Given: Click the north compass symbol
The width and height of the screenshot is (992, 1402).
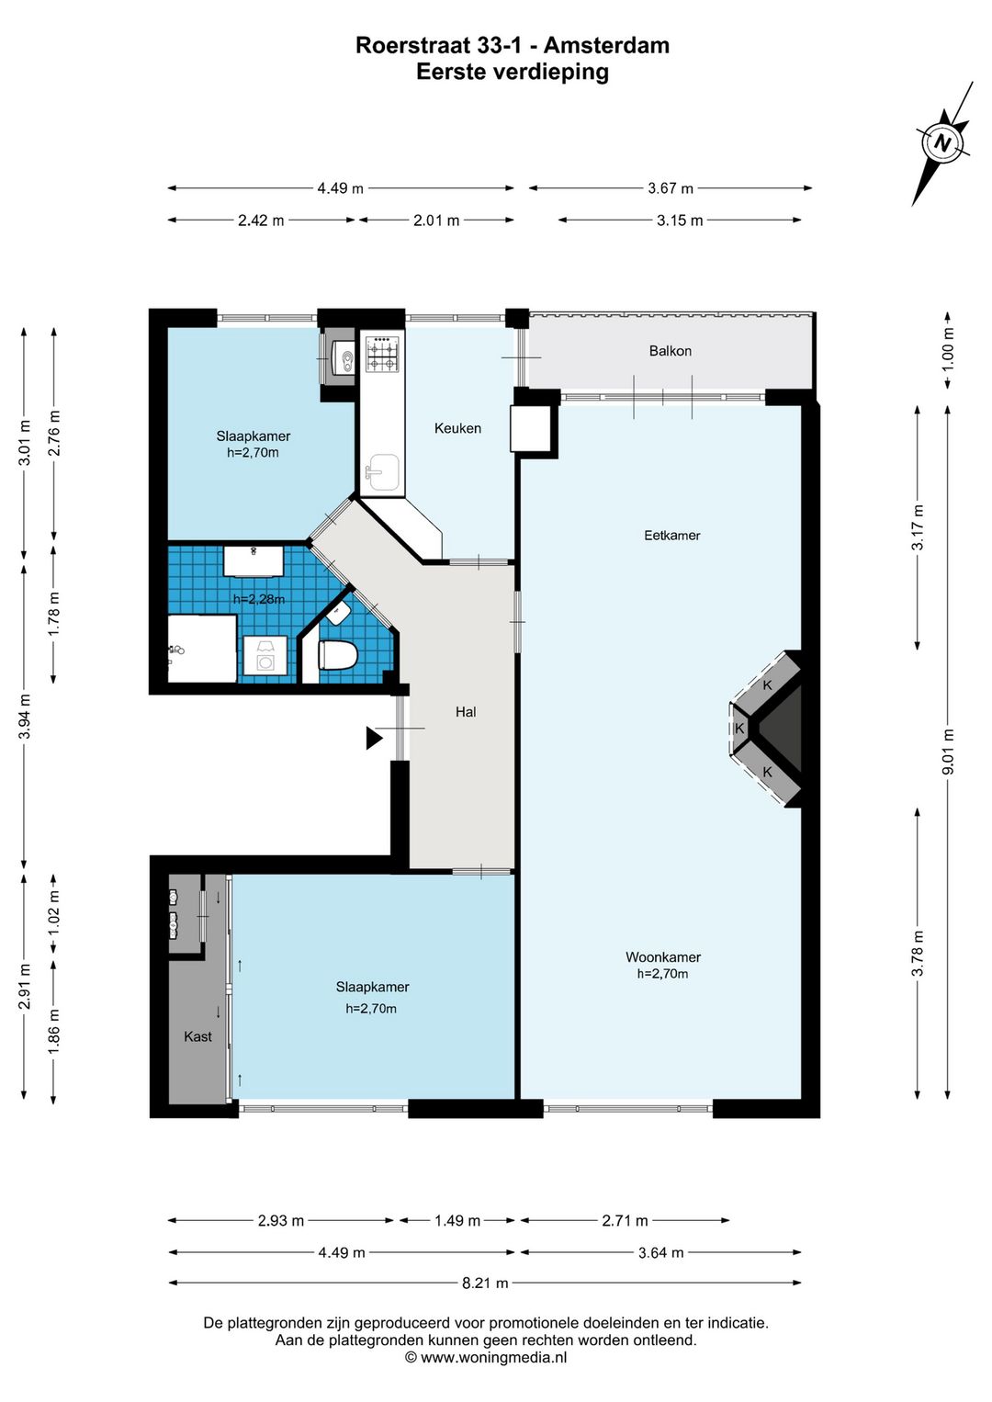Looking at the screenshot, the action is (x=942, y=143).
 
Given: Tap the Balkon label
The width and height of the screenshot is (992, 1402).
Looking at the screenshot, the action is (x=670, y=351).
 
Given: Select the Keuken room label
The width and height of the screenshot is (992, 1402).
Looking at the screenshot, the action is (x=457, y=429).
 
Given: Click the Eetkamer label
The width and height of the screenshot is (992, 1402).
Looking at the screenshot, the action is (x=672, y=536).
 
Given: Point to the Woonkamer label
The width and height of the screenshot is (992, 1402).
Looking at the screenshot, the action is (x=663, y=957).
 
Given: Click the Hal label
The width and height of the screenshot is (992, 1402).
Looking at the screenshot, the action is (x=466, y=712).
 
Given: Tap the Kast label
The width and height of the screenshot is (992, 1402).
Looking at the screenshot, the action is (x=197, y=1037).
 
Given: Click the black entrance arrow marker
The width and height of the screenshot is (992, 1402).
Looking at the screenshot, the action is (x=374, y=739).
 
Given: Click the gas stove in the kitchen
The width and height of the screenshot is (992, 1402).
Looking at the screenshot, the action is (x=382, y=355).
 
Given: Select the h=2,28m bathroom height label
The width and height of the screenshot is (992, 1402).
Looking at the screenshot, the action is (x=259, y=599).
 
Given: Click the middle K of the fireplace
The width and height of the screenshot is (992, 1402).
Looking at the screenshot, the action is (x=739, y=729).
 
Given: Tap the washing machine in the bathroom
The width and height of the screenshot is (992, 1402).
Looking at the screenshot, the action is (x=265, y=655).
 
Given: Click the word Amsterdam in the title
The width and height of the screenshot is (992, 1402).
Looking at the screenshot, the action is (x=606, y=45).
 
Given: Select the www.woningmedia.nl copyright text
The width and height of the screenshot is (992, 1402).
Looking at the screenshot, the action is (x=486, y=1358).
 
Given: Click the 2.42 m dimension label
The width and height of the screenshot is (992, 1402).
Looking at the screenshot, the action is (x=261, y=220).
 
